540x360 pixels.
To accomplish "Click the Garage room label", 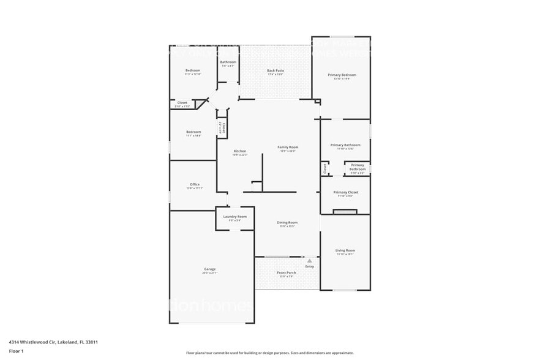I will [210, 269].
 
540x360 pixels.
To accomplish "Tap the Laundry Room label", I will [234, 216].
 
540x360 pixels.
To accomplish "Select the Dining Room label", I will [287, 222].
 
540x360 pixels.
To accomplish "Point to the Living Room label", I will [345, 250].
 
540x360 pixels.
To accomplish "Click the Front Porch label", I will [287, 272].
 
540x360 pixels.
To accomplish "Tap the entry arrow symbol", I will [309, 260].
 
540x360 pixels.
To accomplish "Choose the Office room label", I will [195, 184].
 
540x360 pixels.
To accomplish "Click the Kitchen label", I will [240, 151].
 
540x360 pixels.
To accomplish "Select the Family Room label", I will [288, 147].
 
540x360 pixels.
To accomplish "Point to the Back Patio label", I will [275, 70].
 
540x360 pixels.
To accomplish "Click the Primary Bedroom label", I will [342, 75].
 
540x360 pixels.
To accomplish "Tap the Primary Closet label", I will [346, 192].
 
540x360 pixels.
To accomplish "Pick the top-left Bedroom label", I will [193, 70].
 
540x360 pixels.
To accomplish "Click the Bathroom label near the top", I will [228, 62].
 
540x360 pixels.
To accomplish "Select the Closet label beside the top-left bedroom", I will [182, 102].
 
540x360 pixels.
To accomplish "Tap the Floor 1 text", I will [16, 351].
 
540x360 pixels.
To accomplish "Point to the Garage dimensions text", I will [210, 272].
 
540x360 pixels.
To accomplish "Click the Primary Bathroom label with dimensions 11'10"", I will [345, 145].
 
